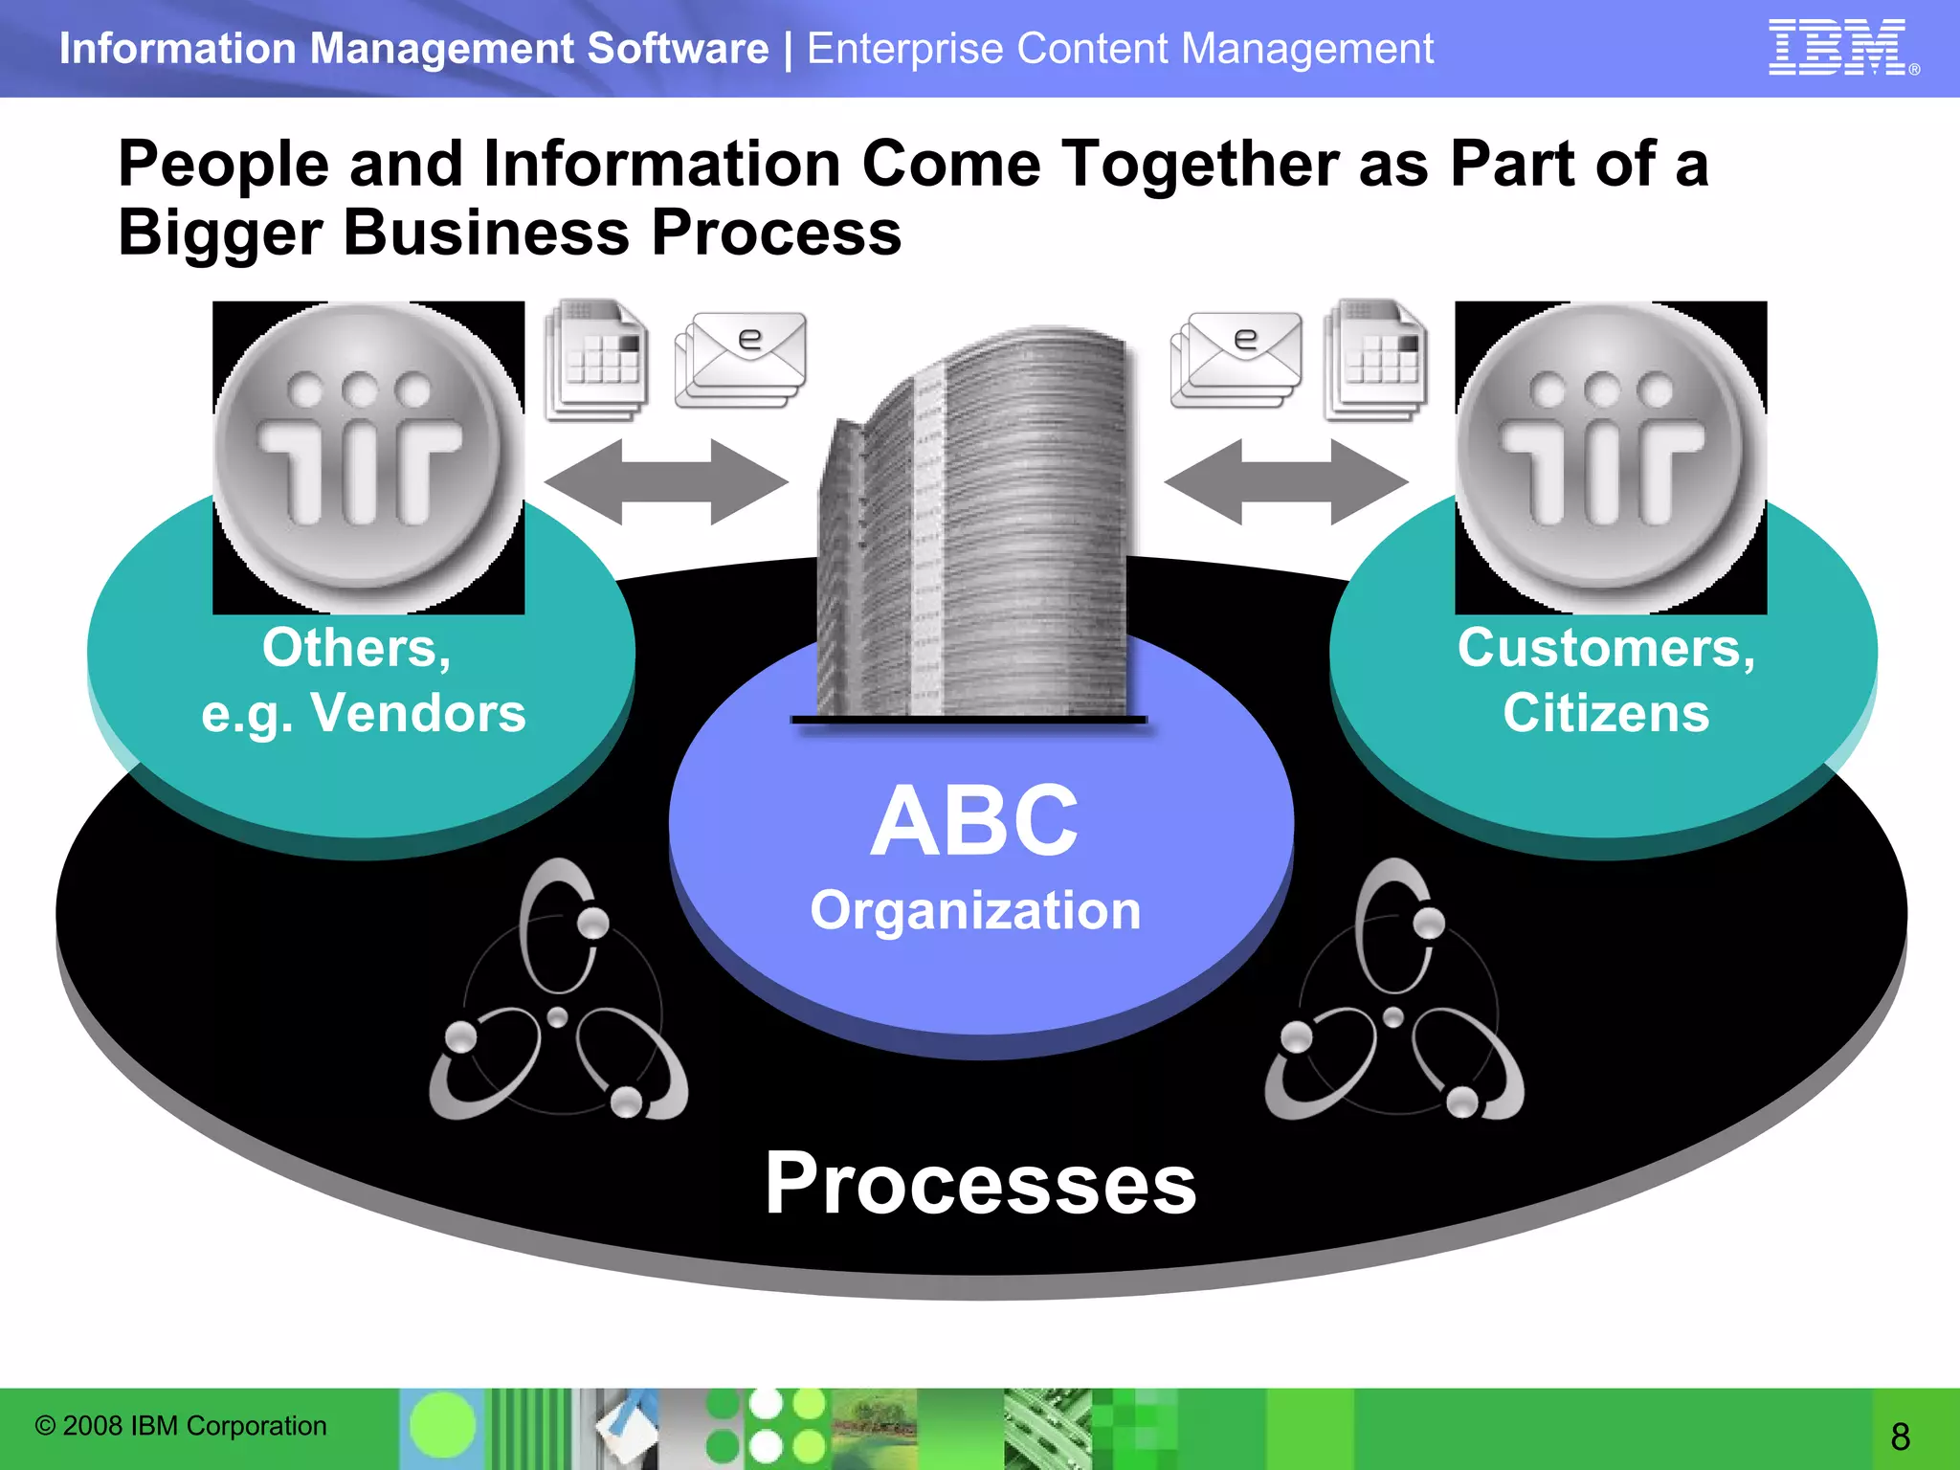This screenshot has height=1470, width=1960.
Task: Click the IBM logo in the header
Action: click(1838, 47)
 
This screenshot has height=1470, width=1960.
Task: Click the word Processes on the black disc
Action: click(980, 1185)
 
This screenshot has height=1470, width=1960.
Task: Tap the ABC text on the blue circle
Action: click(974, 821)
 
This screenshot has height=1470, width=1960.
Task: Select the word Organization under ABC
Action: click(975, 910)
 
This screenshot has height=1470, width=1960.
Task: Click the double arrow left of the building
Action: click(666, 481)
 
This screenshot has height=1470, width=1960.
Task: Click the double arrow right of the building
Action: click(1285, 481)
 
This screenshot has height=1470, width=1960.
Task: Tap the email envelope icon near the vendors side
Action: click(741, 360)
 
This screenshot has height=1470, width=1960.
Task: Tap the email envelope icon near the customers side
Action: click(1236, 360)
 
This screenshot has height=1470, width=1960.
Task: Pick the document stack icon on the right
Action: click(1375, 361)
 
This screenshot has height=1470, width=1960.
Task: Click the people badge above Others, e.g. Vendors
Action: click(367, 457)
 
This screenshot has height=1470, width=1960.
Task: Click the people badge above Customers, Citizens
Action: click(1611, 457)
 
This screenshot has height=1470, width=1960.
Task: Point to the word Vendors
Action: click(418, 713)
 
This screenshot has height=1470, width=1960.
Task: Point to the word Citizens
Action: click(1606, 713)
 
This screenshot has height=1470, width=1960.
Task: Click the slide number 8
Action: click(1900, 1437)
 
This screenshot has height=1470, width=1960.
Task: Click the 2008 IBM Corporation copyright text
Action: click(181, 1426)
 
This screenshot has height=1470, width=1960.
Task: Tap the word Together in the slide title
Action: click(1200, 164)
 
